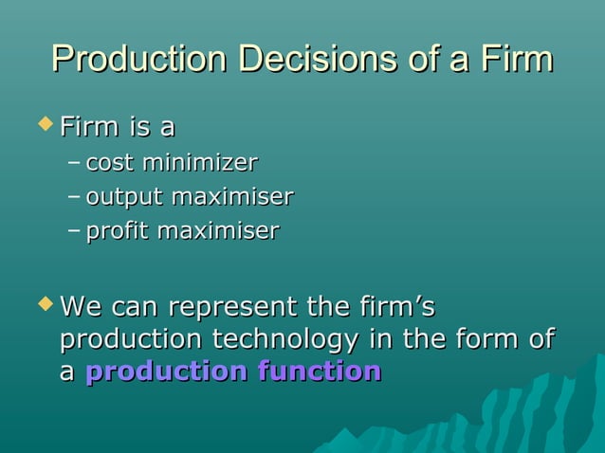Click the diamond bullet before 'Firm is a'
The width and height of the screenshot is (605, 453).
click(44, 123)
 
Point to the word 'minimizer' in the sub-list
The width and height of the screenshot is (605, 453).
click(199, 163)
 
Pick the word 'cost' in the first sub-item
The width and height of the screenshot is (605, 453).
click(110, 163)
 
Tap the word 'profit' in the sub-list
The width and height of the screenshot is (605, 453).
click(118, 230)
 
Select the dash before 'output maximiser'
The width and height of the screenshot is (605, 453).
click(75, 197)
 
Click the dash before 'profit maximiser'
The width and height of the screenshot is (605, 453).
click(75, 231)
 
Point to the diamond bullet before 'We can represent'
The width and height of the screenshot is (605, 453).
click(44, 305)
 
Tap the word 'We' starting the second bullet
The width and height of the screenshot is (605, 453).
click(82, 307)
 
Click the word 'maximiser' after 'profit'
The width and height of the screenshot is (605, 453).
click(219, 230)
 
